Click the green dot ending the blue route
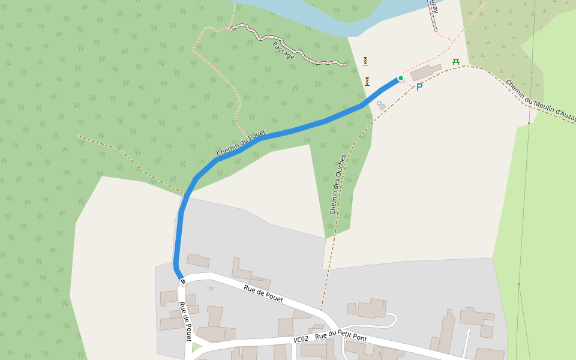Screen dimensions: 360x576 point(401,78)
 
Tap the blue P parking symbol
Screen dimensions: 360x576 point(419,87)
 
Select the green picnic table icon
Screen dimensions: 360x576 point(456,61)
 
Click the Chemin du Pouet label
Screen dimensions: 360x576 point(241,144)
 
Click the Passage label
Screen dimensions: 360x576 point(283,50)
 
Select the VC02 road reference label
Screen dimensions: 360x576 point(301,340)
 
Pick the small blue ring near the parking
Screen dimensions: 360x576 point(379,103)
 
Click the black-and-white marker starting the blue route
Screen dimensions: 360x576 point(182,281)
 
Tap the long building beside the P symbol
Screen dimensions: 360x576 point(425,73)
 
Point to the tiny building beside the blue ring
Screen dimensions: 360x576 point(383,107)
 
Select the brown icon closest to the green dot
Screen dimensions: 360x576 point(367,81)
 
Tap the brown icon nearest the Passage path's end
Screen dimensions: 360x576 point(365,61)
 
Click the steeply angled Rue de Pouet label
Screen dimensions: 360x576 point(185,321)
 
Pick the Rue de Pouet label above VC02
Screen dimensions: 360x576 point(263,294)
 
